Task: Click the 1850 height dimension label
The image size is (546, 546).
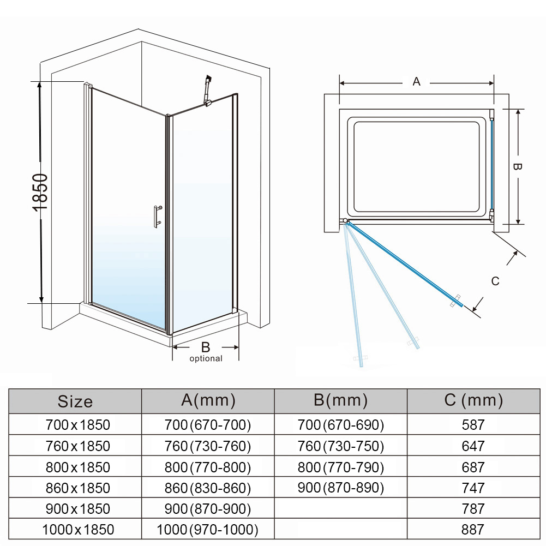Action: [x=40, y=193]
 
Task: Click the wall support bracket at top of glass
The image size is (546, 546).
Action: [x=207, y=90]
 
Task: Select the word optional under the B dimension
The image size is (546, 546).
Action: [x=206, y=358]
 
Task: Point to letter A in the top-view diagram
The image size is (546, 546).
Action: [x=417, y=82]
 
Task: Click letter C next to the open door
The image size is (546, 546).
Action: [x=495, y=281]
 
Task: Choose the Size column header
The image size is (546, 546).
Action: [x=75, y=401]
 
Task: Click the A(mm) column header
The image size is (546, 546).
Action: [x=208, y=400]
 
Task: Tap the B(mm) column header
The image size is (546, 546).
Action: [x=341, y=400]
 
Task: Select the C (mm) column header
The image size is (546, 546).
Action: [x=473, y=400]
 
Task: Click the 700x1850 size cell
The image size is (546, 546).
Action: [x=75, y=424]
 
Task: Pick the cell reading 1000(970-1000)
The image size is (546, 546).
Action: [x=208, y=529]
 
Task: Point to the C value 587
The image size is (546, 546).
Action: [x=473, y=424]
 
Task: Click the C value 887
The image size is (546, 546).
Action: [x=473, y=529]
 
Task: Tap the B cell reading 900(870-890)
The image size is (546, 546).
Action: [x=341, y=488]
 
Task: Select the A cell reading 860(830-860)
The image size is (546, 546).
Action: [x=208, y=488]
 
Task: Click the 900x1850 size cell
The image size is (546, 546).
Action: [x=75, y=508]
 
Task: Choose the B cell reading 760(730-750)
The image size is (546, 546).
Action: [x=341, y=446]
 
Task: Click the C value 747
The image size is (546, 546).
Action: [x=473, y=488]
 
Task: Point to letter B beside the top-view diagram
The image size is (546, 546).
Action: [x=518, y=166]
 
